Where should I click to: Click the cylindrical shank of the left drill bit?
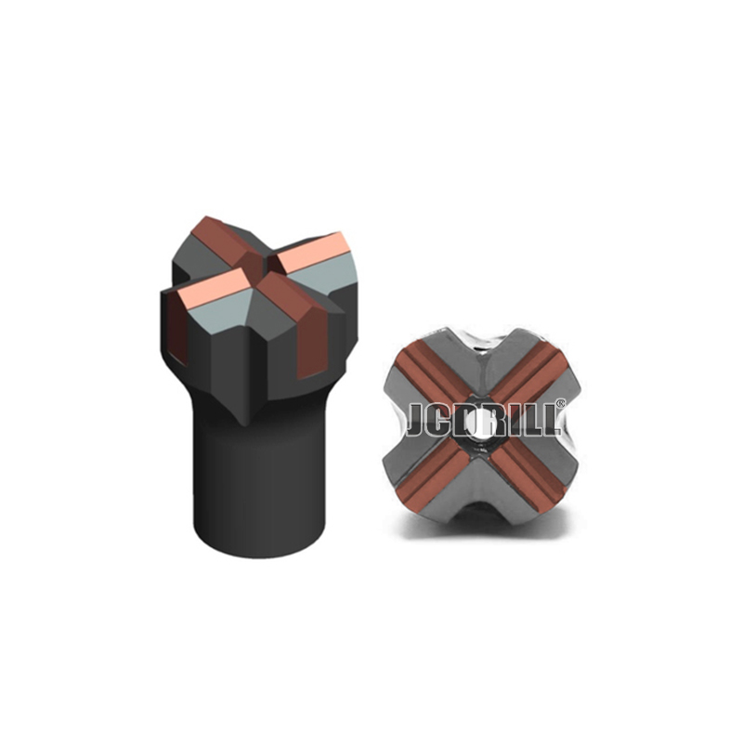(x=260, y=478)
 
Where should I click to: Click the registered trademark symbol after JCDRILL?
(x=561, y=403)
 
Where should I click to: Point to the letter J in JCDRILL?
(x=417, y=420)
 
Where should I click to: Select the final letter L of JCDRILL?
(x=550, y=420)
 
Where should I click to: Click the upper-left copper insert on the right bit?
(x=428, y=374)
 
